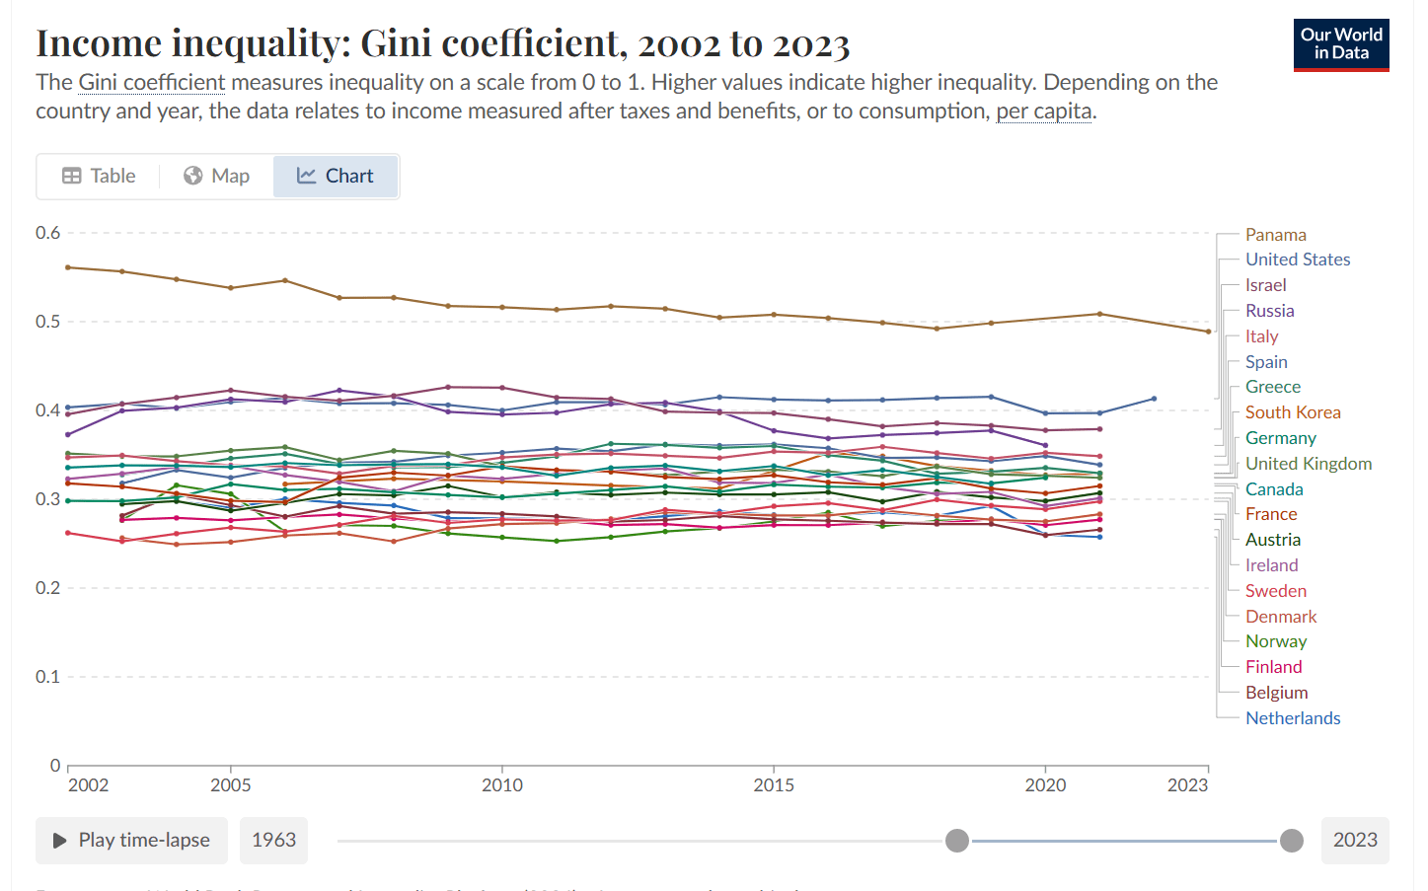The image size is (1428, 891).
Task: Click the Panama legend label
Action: click(1275, 235)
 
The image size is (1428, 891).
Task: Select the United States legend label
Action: click(1297, 260)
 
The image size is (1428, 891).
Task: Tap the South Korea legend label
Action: click(1292, 412)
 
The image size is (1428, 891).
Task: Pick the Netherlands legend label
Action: click(1292, 718)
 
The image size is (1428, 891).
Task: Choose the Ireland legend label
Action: click(1271, 565)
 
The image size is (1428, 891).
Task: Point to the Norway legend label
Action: click(1275, 641)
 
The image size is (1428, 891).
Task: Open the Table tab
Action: click(99, 176)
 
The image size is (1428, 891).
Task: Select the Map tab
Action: click(216, 176)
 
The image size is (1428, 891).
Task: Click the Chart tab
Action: click(336, 176)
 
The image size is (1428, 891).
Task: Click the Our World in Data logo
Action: click(1340, 44)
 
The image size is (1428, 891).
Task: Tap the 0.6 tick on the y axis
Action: click(47, 233)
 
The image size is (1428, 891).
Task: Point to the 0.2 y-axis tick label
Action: click(47, 588)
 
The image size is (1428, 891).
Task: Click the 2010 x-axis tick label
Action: click(502, 785)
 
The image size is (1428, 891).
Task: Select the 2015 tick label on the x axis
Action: click(774, 785)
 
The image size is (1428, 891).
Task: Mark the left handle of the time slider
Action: click(956, 841)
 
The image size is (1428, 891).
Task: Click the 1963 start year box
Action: click(273, 840)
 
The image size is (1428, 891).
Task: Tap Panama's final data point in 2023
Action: click(1208, 332)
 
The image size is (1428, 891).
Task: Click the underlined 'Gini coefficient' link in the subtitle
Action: click(152, 82)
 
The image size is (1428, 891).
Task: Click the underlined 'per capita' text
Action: click(1043, 111)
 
